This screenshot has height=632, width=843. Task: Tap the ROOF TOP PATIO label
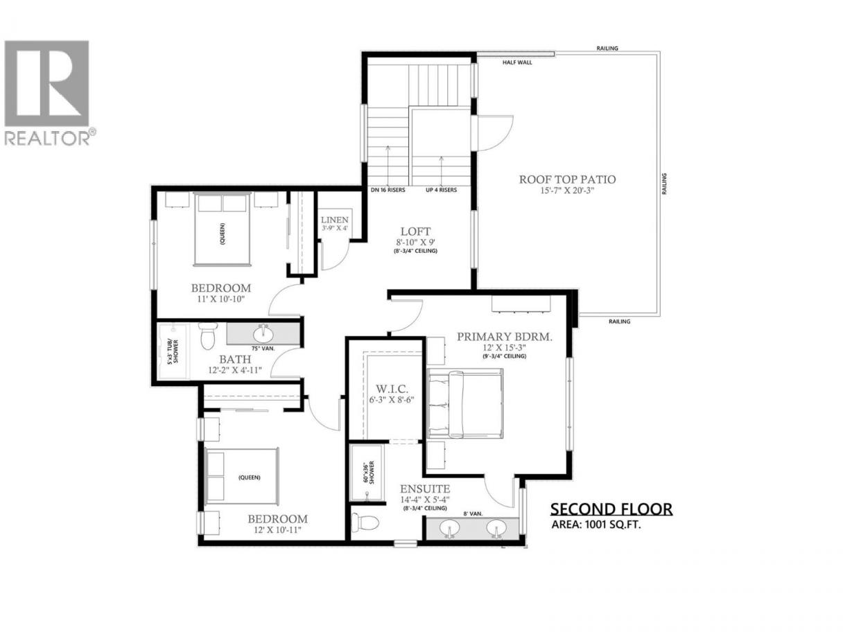567,179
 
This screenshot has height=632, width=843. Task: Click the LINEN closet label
335,220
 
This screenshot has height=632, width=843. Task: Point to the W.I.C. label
386,388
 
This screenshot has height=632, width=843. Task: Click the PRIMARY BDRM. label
504,337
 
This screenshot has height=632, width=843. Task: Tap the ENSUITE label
425,489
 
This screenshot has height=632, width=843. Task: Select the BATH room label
235,360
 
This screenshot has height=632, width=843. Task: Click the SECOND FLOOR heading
611,509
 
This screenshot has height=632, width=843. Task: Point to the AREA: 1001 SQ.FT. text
596,525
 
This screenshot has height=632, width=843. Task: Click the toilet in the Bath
208,335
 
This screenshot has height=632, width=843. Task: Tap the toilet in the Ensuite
365,523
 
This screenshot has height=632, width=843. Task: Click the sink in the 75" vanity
263,333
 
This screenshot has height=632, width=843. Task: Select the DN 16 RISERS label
388,190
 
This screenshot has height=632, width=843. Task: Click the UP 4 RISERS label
441,190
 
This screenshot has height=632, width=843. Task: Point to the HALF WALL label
517,62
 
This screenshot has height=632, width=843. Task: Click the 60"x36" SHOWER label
369,472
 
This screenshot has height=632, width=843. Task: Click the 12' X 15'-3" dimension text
504,348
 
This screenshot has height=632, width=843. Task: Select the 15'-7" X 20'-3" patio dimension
567,191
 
